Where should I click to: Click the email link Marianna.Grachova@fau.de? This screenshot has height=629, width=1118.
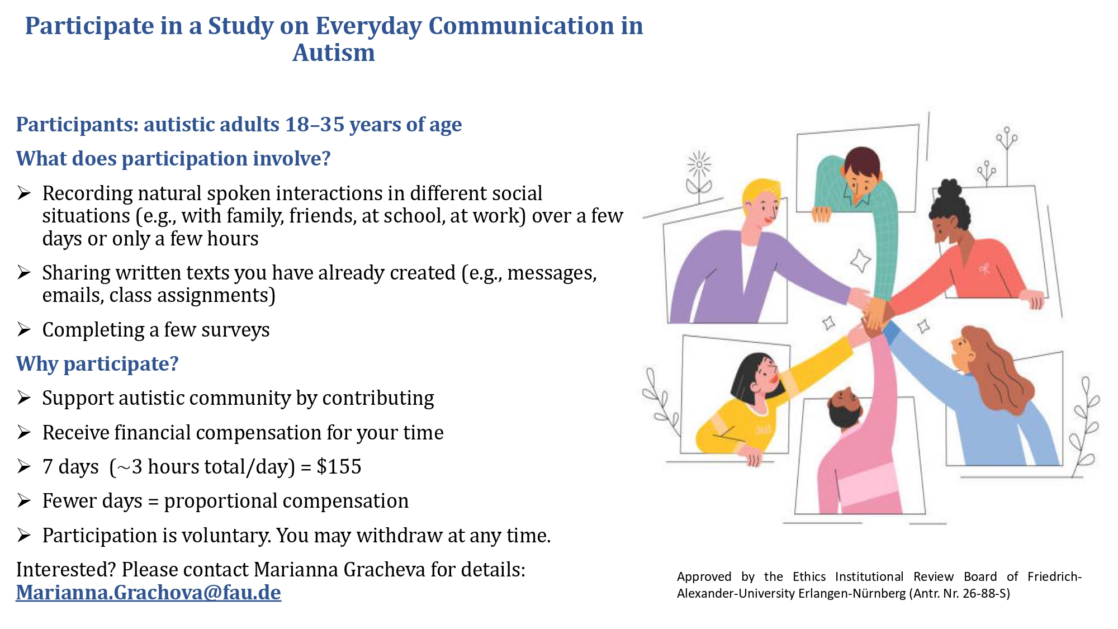pos(148,593)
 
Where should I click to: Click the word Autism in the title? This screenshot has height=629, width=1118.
pos(334,53)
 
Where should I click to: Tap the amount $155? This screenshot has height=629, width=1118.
pos(339,466)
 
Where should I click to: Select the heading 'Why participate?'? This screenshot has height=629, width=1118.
pos(97,364)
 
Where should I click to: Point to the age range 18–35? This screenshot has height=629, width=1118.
pos(315,124)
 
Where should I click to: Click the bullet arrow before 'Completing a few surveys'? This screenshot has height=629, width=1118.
pos(23,330)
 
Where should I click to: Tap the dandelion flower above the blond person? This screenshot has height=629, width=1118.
pos(699,165)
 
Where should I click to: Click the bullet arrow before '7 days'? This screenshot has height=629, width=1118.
pos(23,467)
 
